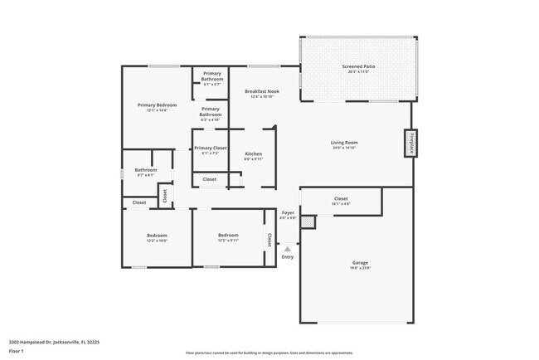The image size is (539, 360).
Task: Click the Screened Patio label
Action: click(357, 66)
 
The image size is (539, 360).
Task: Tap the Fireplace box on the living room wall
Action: click(410, 144)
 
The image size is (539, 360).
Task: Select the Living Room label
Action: click(344, 143)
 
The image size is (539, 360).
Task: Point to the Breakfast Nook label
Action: click(261, 91)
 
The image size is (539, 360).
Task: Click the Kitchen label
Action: click(253, 153)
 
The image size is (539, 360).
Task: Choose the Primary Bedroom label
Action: click(157, 105)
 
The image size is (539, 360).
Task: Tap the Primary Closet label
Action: click(210, 148)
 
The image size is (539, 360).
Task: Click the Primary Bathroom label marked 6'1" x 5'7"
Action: click(212, 75)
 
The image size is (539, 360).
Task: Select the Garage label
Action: click(359, 262)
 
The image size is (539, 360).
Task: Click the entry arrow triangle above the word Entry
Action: click(288, 248)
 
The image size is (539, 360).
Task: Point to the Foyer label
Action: click(288, 212)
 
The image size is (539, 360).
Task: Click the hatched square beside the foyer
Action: click(308, 222)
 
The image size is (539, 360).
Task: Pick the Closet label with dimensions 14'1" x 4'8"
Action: click(340, 199)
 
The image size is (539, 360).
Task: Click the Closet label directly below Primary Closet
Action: click(210, 179)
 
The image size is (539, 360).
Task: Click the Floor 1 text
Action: click(17, 351)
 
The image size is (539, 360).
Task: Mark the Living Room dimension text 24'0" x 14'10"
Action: click(344, 148)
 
